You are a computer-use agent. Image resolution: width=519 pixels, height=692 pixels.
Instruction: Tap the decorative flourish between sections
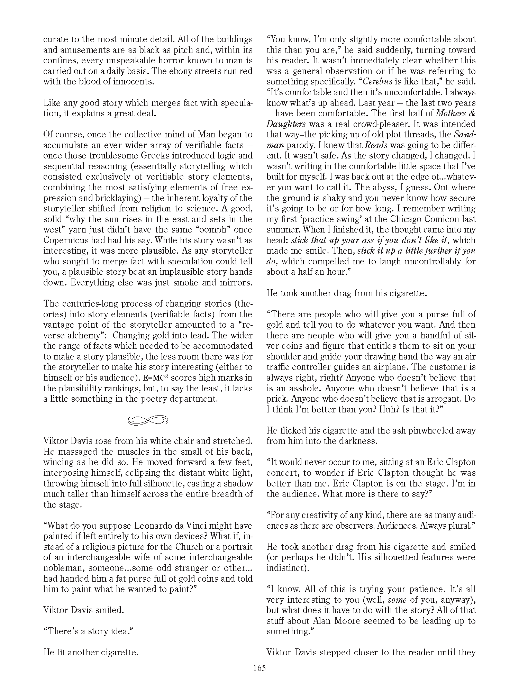[x=148, y=420]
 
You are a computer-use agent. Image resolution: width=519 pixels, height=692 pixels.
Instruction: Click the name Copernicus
[x=67, y=240]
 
